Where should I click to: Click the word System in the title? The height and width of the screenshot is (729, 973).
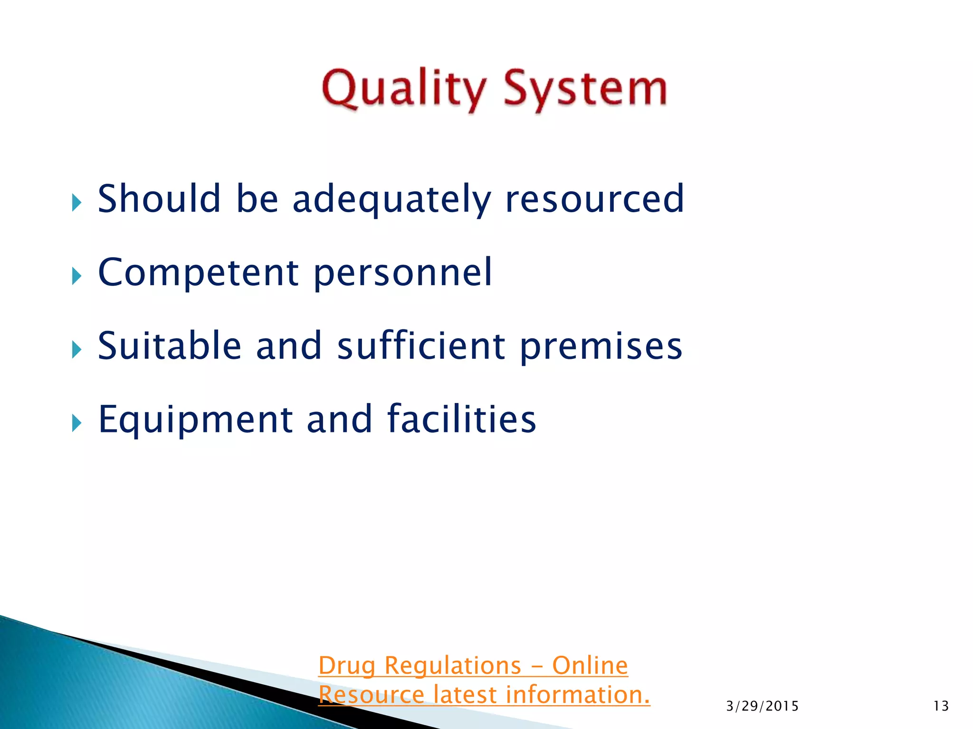coord(585,89)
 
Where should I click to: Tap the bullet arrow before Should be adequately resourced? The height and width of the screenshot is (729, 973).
coord(77,203)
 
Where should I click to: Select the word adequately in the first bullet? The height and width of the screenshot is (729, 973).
coord(391,199)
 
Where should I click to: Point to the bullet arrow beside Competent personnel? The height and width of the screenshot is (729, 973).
coord(77,276)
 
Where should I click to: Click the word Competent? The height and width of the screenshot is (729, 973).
coord(198,273)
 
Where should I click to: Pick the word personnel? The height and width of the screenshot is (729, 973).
coord(403,273)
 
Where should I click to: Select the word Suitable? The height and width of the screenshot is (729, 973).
coord(170,346)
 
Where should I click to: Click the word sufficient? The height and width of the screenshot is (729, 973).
coord(421,346)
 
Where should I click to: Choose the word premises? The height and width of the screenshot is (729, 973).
coord(601,347)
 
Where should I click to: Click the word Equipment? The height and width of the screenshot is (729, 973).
coord(195,420)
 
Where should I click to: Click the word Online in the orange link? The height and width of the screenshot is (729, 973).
coord(590,665)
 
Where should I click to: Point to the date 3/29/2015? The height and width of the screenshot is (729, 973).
coord(762,706)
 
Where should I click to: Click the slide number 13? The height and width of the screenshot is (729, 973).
coord(941,706)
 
